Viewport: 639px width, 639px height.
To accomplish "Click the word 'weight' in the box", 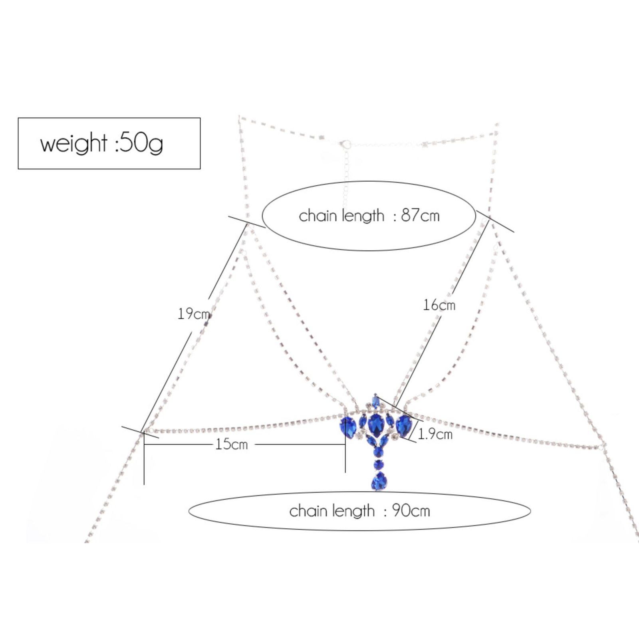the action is [74, 143].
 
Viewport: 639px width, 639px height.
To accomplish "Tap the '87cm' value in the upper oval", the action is [420, 216].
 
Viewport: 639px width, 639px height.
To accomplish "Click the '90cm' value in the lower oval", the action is [411, 511].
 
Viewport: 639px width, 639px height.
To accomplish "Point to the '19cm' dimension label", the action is [194, 314].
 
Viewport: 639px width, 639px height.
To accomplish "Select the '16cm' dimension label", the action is [439, 305].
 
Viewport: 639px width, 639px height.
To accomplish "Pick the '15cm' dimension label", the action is [232, 444].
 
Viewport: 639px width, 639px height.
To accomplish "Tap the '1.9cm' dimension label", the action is [435, 434].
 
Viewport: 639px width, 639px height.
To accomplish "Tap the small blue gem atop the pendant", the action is [375, 401].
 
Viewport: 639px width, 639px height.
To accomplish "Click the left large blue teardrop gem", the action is [348, 427].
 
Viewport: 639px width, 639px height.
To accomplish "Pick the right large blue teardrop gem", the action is [403, 425].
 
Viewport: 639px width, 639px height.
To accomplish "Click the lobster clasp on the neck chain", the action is [345, 144].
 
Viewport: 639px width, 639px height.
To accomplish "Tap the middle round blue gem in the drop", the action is [378, 464].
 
